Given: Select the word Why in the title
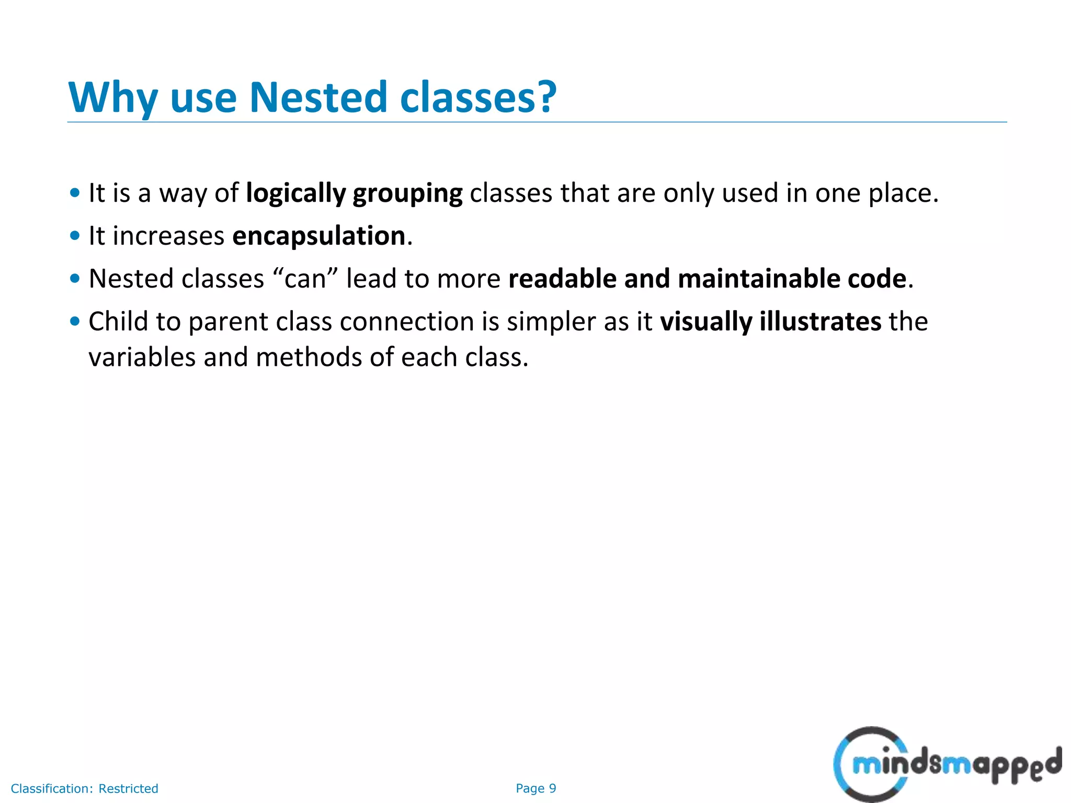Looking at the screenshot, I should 113,98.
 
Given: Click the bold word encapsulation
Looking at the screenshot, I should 319,236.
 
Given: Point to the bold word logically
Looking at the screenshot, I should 296,193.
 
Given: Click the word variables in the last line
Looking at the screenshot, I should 142,358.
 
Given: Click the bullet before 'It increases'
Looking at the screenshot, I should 75,236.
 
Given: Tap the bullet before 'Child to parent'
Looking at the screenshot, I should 75,321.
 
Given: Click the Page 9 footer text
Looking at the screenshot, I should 535,788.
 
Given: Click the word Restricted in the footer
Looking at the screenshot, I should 128,788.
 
